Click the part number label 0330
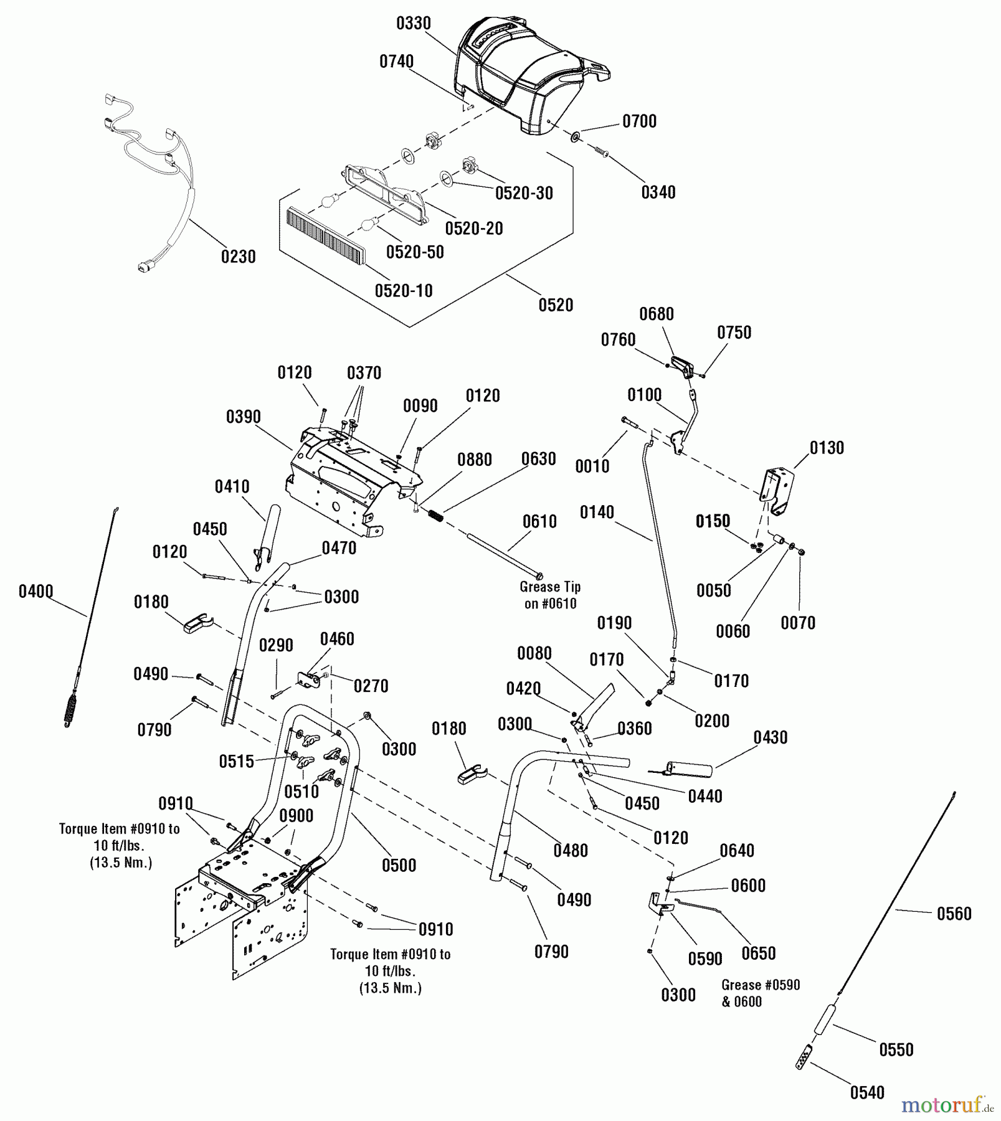(x=413, y=24)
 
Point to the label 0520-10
(x=403, y=291)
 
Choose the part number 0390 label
(x=244, y=417)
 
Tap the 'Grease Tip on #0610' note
(x=550, y=595)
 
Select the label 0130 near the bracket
(x=827, y=448)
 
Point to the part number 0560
(x=954, y=914)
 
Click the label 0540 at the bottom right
(x=867, y=1092)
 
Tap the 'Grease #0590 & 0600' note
(x=760, y=993)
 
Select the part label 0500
(x=399, y=865)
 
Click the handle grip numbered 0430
(x=688, y=769)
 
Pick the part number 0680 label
(x=657, y=314)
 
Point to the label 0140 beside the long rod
(x=597, y=513)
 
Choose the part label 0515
(x=237, y=761)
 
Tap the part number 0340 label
(x=658, y=192)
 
